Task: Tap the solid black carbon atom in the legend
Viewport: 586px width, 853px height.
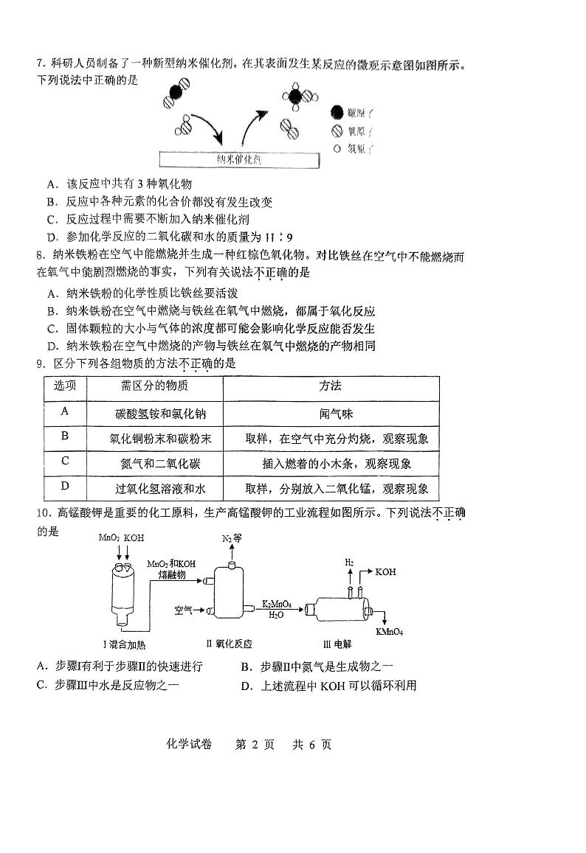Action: (337, 113)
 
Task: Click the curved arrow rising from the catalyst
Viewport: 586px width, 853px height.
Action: (252, 122)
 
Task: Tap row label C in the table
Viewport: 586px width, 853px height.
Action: (65, 462)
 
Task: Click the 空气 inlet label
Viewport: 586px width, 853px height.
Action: (184, 610)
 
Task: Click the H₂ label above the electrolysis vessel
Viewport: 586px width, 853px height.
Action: (349, 563)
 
